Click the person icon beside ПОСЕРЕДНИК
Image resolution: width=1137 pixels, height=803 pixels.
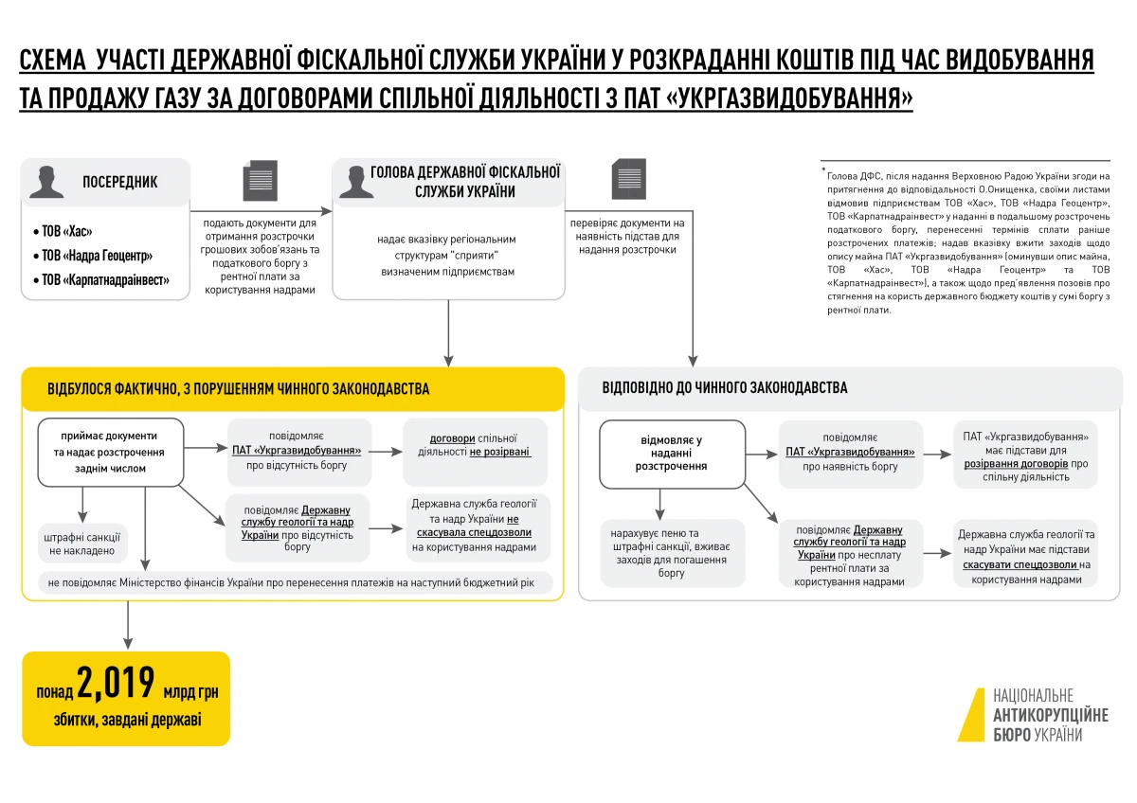click(x=46, y=181)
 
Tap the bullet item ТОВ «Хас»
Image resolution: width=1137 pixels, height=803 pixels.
click(x=67, y=231)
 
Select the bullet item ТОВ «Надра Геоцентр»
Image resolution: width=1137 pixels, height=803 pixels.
click(x=97, y=256)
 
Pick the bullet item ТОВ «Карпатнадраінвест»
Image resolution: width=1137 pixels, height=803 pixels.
click(x=105, y=280)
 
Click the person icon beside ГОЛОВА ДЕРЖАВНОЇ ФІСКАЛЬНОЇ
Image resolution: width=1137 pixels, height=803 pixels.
click(x=353, y=181)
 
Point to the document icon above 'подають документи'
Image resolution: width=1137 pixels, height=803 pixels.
click(x=261, y=181)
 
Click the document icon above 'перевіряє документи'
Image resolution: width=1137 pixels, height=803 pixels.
click(x=628, y=179)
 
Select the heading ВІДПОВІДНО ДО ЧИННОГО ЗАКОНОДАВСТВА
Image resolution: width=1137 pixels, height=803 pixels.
click(x=725, y=388)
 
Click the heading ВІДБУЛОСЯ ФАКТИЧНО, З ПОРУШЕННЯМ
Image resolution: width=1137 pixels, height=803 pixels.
click(x=238, y=389)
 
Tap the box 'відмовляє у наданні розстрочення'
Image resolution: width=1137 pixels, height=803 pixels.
click(x=672, y=454)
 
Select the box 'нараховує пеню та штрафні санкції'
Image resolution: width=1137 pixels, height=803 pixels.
click(x=672, y=553)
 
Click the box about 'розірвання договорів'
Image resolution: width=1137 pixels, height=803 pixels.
click(x=1025, y=457)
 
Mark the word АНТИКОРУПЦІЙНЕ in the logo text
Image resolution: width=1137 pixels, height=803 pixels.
click(x=1050, y=715)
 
